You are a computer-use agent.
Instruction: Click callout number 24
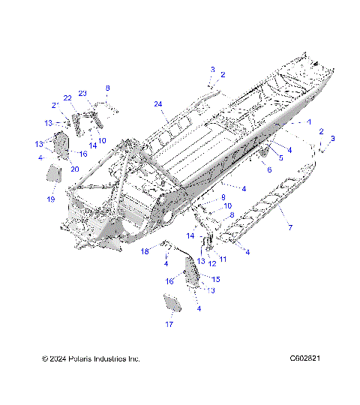coord(158,103)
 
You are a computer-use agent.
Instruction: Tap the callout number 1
coord(308,121)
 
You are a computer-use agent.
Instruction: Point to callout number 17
coord(169,325)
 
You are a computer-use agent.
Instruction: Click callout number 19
coord(52,199)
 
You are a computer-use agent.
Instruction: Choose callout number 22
coord(67,98)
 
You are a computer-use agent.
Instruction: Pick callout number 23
coord(83,93)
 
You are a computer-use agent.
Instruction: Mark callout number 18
coord(145,251)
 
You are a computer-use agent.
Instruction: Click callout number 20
coord(74,169)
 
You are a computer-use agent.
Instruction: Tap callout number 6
coord(268,170)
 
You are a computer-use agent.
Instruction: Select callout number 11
coord(223,258)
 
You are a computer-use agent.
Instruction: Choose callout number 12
coord(211,263)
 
